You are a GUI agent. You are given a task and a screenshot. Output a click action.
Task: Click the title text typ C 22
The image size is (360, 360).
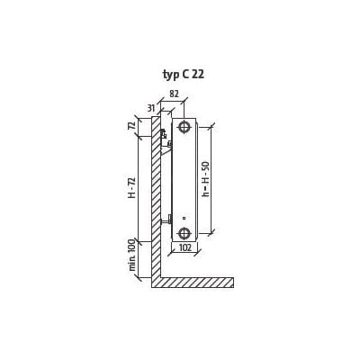coord(184,75)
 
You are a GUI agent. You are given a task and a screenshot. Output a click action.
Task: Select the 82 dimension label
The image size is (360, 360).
coord(174,94)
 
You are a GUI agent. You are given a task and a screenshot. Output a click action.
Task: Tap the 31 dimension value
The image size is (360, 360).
coord(152,108)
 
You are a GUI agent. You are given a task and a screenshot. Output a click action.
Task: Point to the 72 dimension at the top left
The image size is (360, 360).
coord(131,124)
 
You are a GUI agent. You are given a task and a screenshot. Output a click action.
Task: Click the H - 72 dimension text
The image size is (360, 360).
coord(131,188)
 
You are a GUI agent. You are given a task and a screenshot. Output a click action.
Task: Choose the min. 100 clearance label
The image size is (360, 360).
coord(132,256)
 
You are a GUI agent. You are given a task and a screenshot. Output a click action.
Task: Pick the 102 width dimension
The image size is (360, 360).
coord(185,247)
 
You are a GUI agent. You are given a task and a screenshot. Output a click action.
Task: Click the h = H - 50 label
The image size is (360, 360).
coord(206,179)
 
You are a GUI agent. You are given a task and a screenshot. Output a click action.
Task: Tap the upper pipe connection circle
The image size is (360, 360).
coord(184,127)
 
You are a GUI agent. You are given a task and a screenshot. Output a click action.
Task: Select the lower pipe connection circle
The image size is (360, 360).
coord(184,233)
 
